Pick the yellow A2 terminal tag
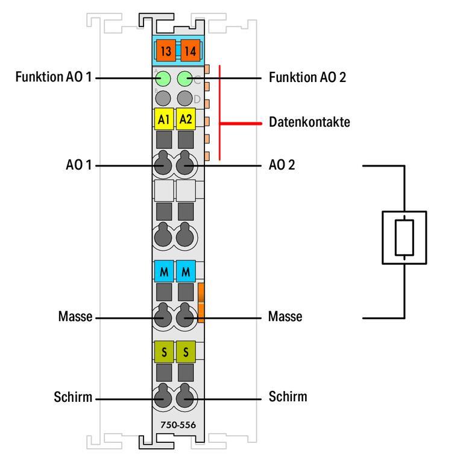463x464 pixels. click(186, 119)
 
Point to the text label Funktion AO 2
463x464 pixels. click(308, 78)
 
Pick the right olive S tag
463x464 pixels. click(186, 351)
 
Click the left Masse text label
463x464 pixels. click(75, 317)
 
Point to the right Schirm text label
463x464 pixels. click(288, 397)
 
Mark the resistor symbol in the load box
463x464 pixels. click(404, 237)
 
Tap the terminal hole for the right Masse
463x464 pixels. click(186, 316)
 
